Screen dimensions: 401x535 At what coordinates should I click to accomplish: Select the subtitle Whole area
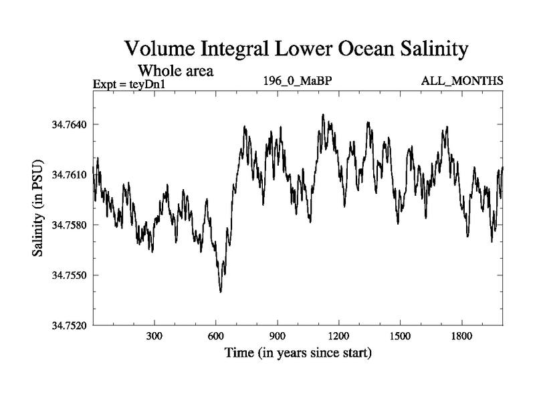coord(175,71)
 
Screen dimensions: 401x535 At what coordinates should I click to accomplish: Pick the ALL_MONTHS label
coord(461,82)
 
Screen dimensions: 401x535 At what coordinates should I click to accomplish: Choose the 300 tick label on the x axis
coord(154,336)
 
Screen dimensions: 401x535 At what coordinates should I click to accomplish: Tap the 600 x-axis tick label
coord(216,336)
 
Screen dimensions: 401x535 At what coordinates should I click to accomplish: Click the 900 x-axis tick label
coord(278,336)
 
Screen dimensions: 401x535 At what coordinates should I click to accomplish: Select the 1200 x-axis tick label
coord(338,336)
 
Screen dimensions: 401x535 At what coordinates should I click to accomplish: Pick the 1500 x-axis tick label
coord(400,336)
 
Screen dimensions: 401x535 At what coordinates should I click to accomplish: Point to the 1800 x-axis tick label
coord(461,336)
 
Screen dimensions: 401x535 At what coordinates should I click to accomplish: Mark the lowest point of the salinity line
coord(221,292)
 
